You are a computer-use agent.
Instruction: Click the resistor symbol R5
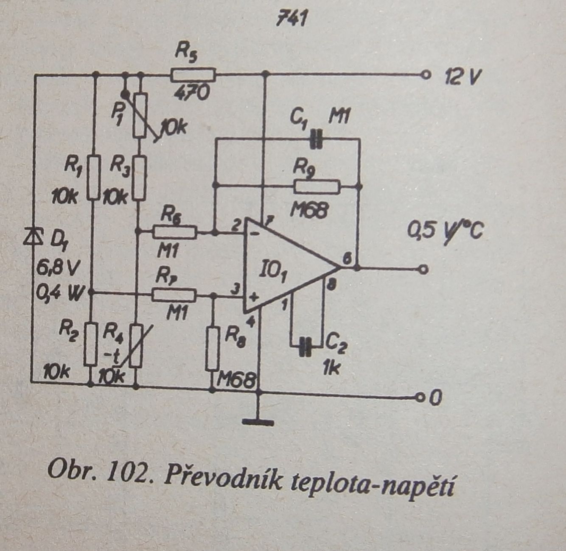click(x=193, y=75)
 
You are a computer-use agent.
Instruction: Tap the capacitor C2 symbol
click(x=305, y=346)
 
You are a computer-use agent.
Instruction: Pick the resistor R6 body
click(x=174, y=232)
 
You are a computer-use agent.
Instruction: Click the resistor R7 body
click(x=174, y=293)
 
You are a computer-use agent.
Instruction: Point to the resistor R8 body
click(x=213, y=348)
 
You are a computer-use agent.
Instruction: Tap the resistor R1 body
click(x=94, y=177)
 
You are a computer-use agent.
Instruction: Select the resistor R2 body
click(x=90, y=343)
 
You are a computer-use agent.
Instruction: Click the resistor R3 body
click(x=140, y=177)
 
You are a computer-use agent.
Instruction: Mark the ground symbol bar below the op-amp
click(x=258, y=421)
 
